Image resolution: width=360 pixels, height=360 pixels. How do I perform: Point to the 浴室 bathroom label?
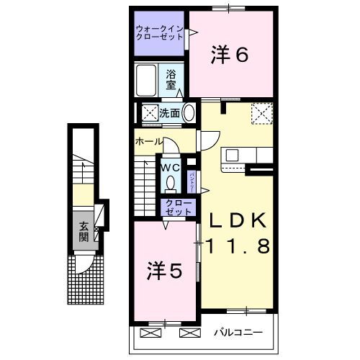[x=171, y=80]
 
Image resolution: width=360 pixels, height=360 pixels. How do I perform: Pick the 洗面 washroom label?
[x=170, y=112]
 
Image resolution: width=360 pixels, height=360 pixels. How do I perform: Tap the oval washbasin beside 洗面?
[x=189, y=113]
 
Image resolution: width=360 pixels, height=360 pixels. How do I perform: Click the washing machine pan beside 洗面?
[x=150, y=113]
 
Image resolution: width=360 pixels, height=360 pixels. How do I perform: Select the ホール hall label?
[x=148, y=142]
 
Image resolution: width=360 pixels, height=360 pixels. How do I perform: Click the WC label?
[x=170, y=167]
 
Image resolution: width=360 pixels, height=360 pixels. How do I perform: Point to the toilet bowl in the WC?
[x=171, y=183]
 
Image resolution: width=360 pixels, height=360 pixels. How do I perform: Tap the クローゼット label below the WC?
[x=178, y=207]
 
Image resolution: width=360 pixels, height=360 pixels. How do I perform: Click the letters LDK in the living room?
[x=238, y=220]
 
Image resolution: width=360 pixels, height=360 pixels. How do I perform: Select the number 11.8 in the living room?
[x=238, y=246]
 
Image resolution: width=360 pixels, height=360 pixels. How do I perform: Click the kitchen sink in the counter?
[x=234, y=155]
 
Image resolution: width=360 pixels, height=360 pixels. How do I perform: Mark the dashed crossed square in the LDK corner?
[x=261, y=112]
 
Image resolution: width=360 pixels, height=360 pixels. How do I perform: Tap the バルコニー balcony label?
[x=237, y=333]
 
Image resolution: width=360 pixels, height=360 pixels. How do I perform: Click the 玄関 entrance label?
[x=84, y=230]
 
